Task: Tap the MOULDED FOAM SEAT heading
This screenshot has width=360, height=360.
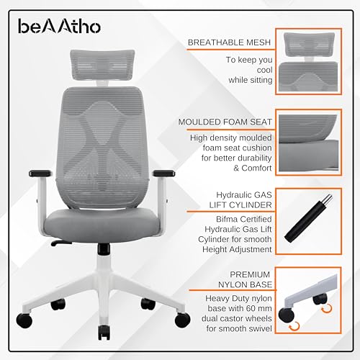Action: (228, 123)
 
